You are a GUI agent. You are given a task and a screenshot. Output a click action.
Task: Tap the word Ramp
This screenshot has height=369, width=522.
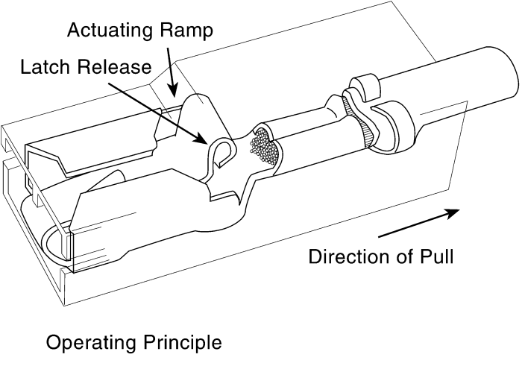click(x=186, y=31)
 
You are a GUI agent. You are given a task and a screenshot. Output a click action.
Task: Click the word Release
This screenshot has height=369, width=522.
click(x=114, y=67)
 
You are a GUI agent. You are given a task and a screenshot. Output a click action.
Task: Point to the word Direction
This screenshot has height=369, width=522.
click(x=349, y=256)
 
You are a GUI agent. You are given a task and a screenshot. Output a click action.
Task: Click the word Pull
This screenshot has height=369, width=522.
click(x=436, y=256)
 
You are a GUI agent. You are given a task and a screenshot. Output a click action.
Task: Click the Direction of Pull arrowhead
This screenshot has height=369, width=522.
click(x=453, y=213)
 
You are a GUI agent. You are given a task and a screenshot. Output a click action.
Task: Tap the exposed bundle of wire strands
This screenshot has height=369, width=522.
click(x=264, y=146)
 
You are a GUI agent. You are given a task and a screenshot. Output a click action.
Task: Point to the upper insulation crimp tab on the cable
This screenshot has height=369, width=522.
click(x=364, y=86)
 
